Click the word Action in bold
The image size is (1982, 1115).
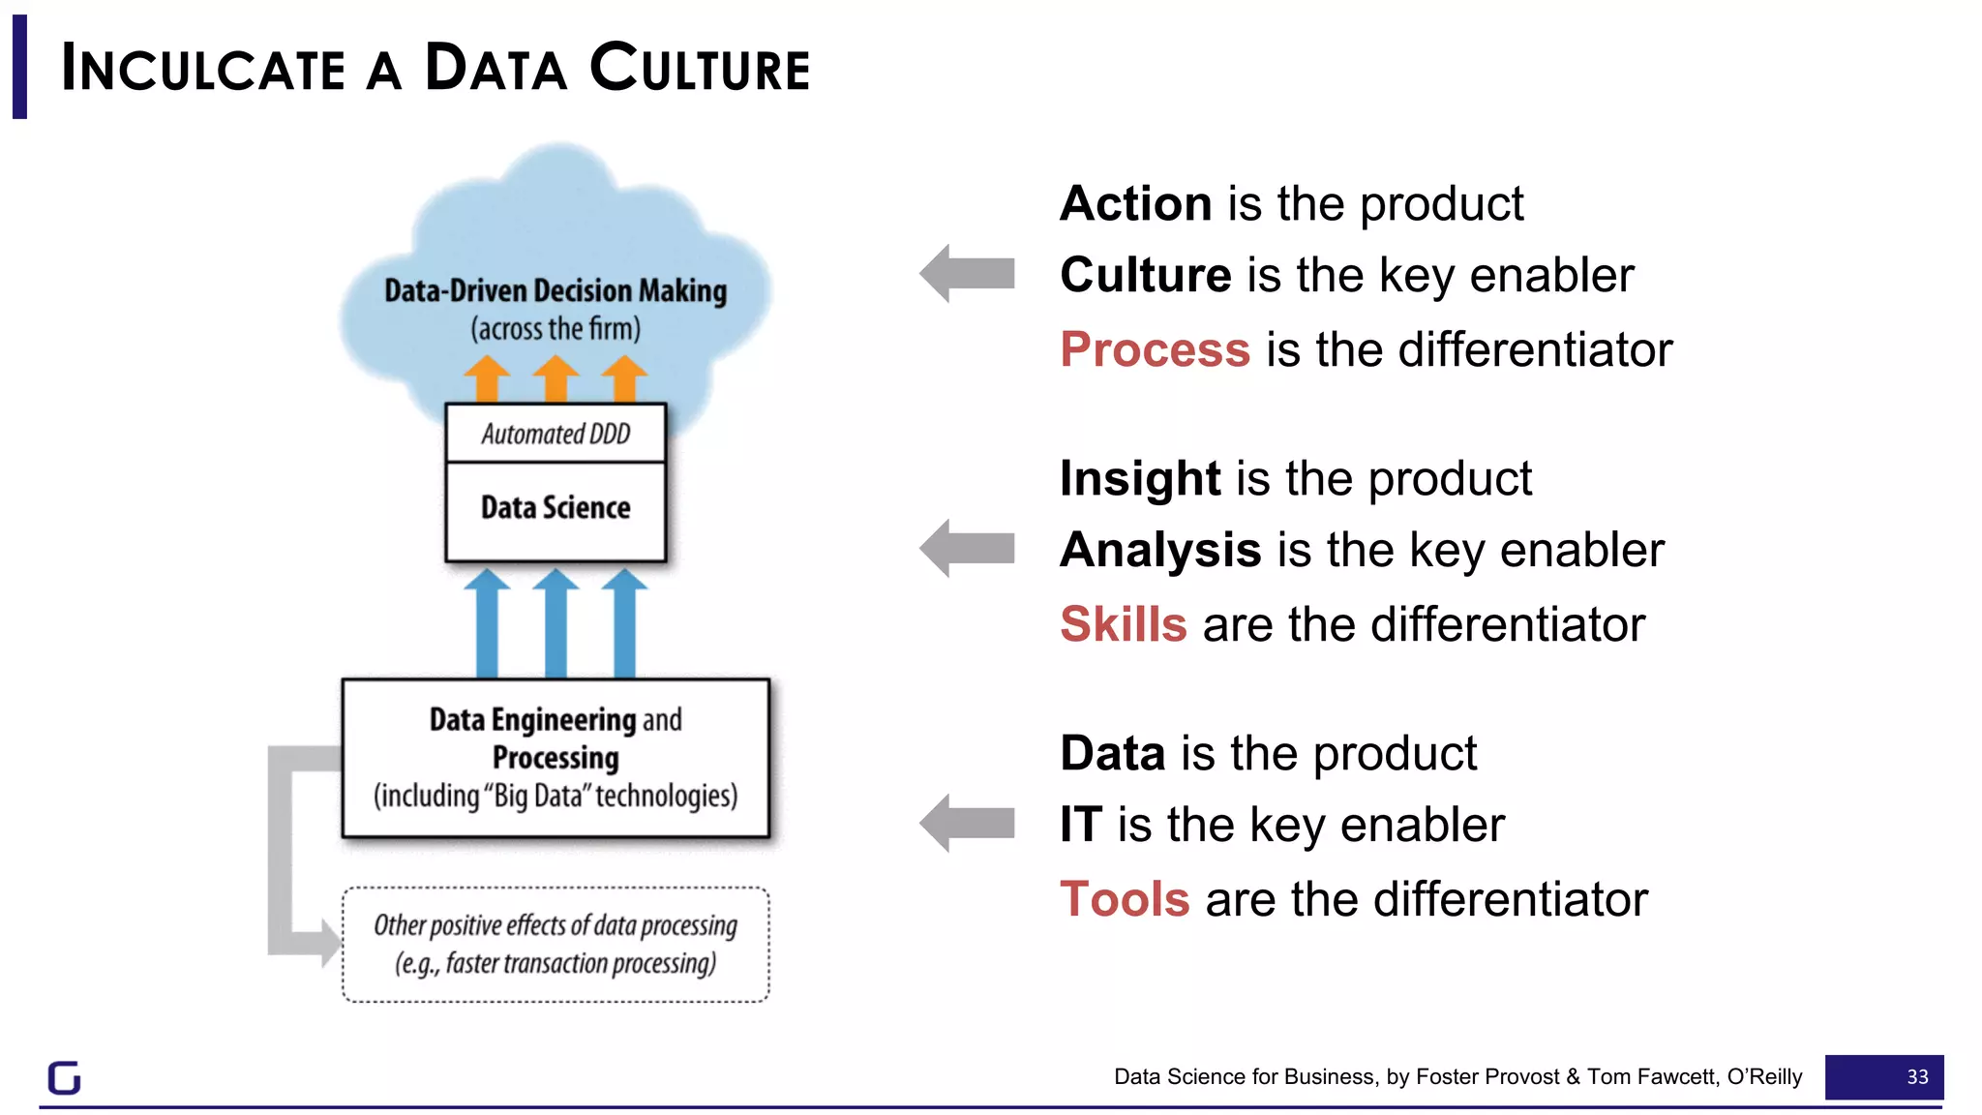point(1135,204)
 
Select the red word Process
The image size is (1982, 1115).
point(1155,349)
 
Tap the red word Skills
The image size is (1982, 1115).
point(1123,624)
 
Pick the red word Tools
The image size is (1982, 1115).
point(1125,899)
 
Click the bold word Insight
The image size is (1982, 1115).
point(1140,479)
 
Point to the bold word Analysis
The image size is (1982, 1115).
point(1160,551)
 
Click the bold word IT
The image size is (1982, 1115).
point(1081,826)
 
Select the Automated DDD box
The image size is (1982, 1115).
point(556,434)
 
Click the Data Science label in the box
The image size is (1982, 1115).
point(556,508)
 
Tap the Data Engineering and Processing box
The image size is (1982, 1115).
point(556,758)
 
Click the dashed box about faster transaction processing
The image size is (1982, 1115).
point(556,945)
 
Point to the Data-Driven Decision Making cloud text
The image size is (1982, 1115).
point(556,291)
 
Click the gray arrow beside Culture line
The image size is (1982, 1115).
point(967,274)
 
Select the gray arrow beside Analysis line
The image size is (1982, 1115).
point(967,549)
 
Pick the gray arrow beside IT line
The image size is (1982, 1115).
point(967,824)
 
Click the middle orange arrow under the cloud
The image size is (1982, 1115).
point(556,378)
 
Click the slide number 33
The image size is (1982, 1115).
point(1916,1077)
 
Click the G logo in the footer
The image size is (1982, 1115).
point(65,1077)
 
